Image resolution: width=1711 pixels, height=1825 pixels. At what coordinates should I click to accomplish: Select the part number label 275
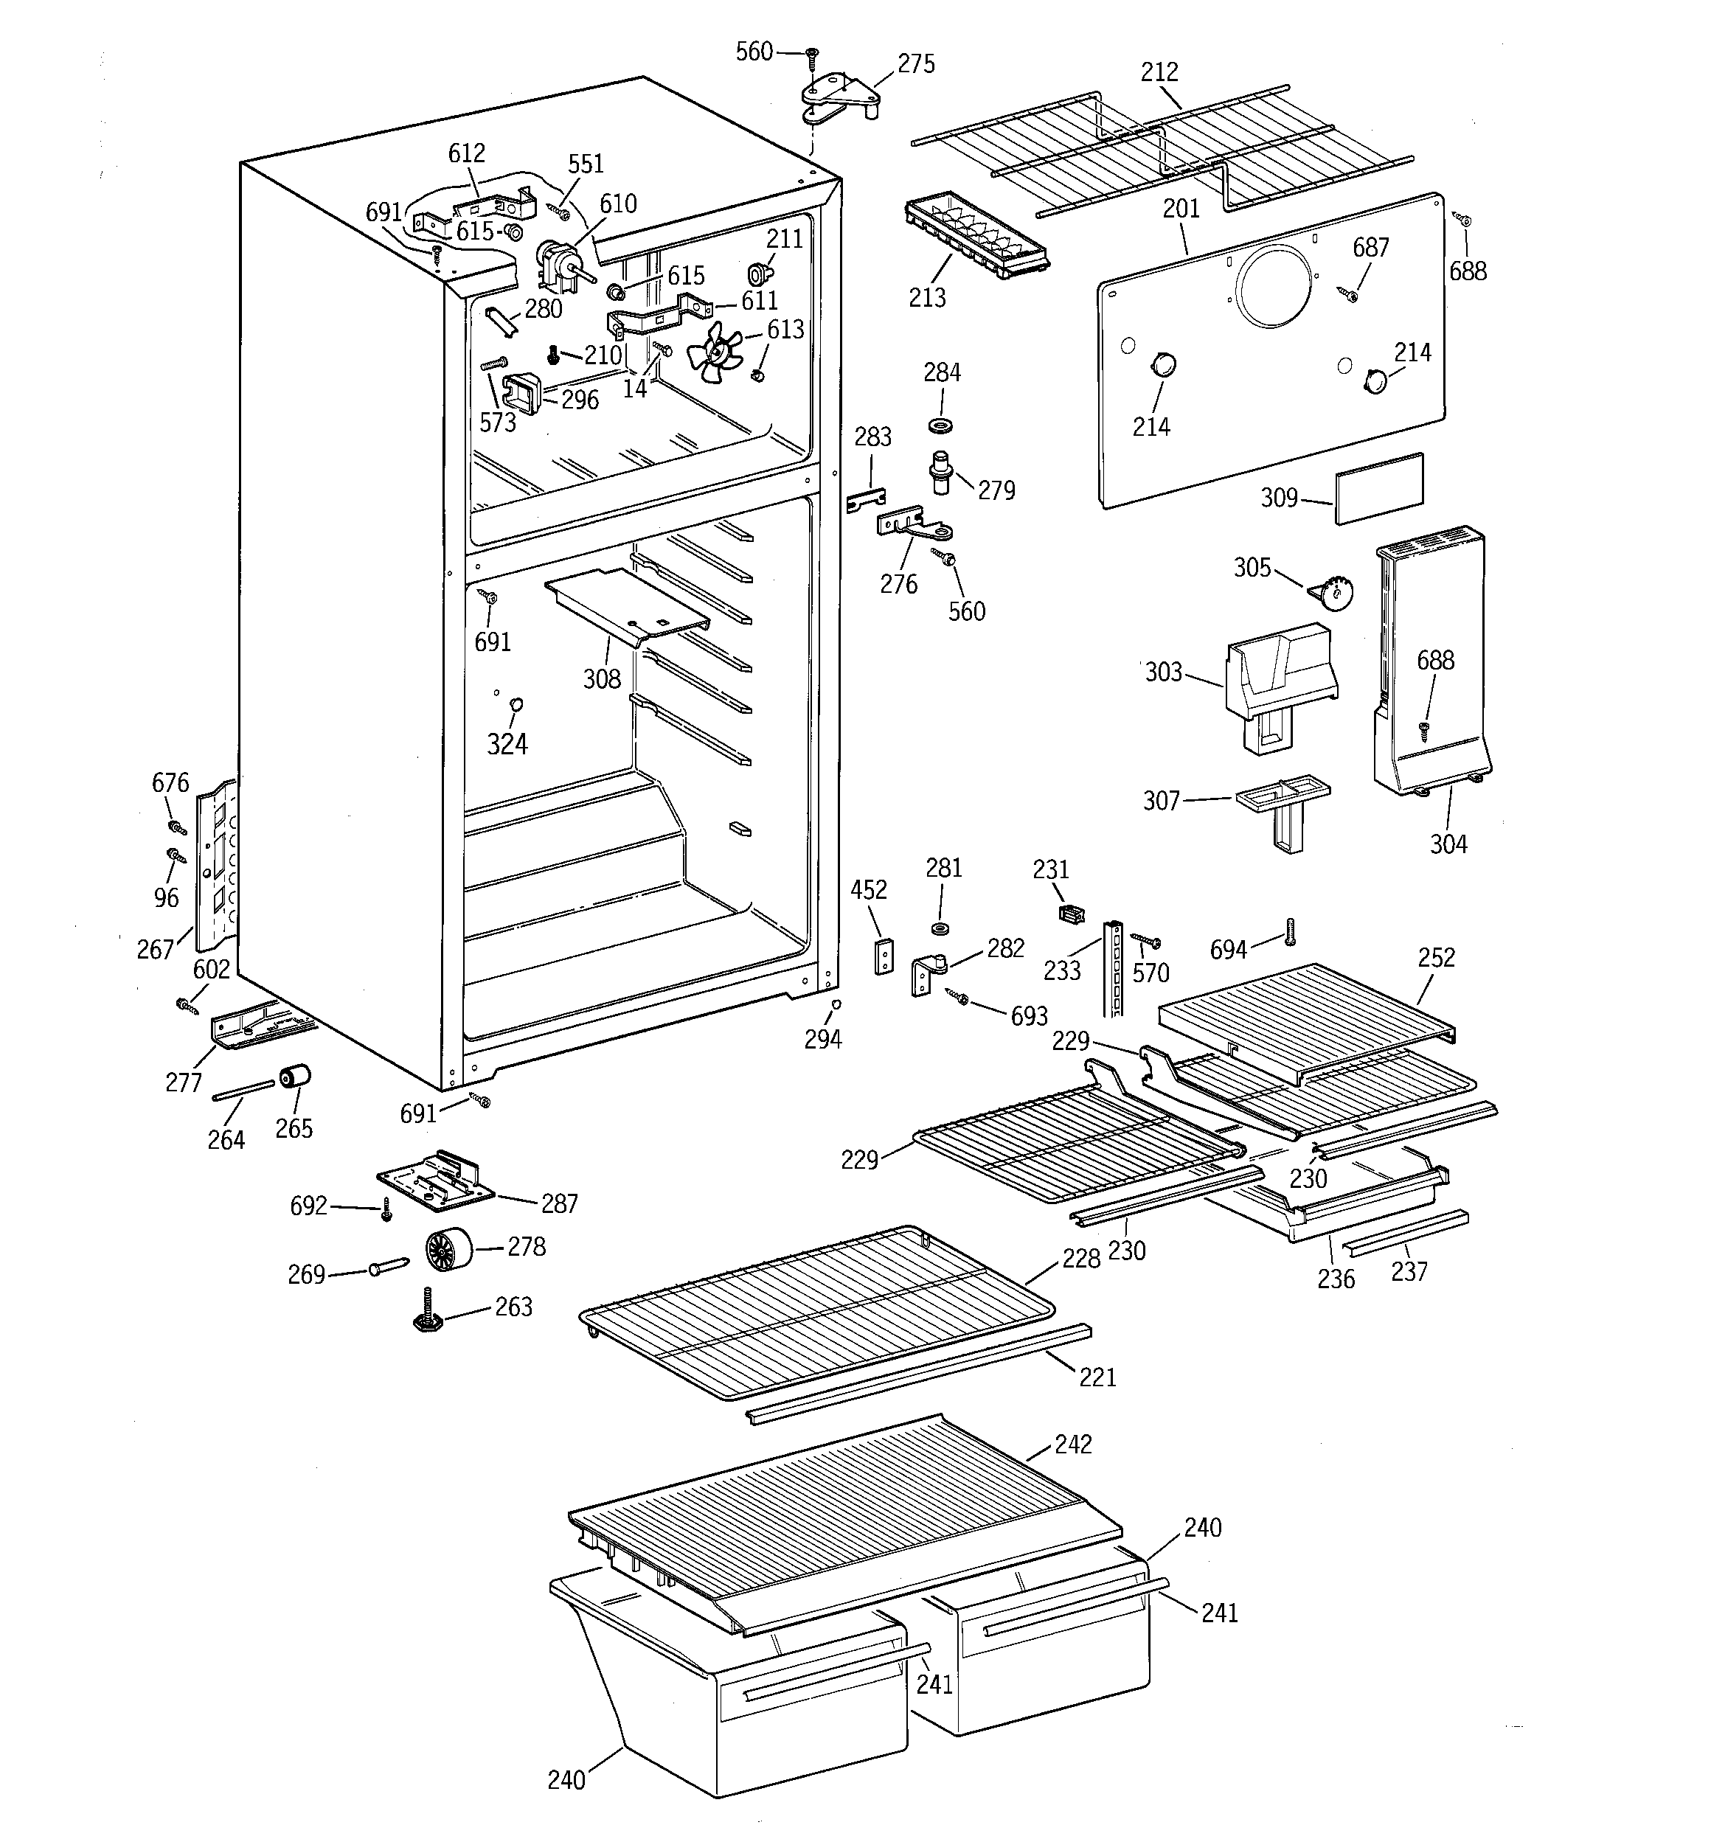tap(916, 64)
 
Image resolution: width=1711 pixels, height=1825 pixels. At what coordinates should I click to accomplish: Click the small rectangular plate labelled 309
tap(1378, 487)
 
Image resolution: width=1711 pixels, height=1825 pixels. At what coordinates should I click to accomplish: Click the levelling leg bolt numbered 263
tap(428, 1312)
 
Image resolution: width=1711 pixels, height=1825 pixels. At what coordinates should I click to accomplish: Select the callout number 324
tap(507, 743)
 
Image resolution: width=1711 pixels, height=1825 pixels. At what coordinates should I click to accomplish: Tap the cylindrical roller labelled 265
tap(295, 1076)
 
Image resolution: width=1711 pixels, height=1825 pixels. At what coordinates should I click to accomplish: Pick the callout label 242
tap(1073, 1444)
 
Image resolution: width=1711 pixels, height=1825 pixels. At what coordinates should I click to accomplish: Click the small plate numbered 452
tap(884, 955)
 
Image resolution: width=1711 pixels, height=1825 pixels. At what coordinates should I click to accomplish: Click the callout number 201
tap(1181, 209)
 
